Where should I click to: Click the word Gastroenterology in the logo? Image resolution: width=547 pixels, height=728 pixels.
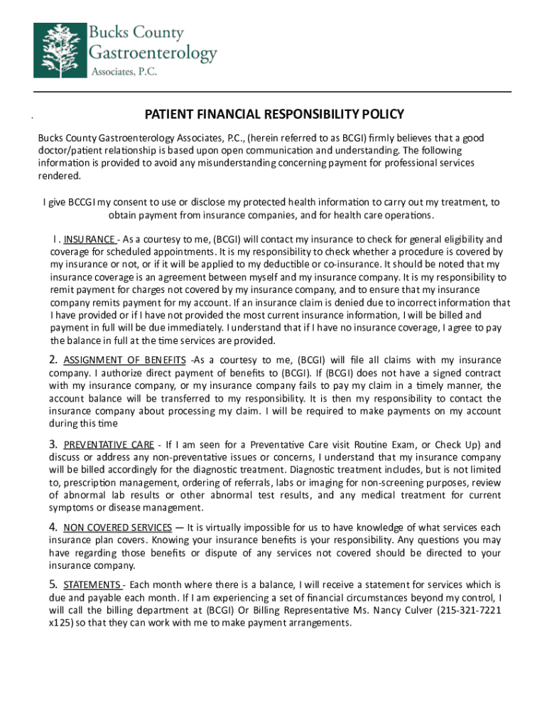[x=152, y=53]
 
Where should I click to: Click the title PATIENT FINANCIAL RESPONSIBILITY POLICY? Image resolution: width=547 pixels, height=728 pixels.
[x=274, y=114]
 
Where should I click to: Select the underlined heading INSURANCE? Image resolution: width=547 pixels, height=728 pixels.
[x=90, y=239]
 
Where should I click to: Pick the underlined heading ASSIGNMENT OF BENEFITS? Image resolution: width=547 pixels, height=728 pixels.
[x=125, y=360]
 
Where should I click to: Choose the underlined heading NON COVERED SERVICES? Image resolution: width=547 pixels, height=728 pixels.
[x=117, y=528]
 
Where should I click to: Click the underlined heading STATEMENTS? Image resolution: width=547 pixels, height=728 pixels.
[x=92, y=584]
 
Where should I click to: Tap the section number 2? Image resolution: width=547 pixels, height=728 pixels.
[x=53, y=360]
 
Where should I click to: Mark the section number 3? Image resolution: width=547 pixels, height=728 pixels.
[x=53, y=445]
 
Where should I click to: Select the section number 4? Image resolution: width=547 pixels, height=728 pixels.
[x=53, y=528]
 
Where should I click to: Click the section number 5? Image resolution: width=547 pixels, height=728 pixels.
[x=53, y=584]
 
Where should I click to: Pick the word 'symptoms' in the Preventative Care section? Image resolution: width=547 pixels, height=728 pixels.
[x=71, y=508]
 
